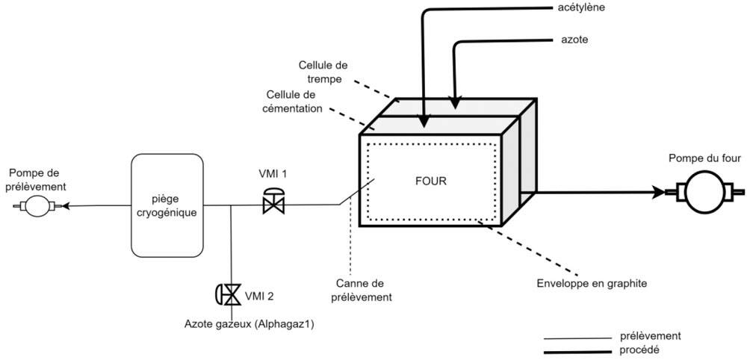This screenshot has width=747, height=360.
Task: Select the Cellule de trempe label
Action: click(323, 71)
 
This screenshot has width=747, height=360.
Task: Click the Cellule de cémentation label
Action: click(294, 102)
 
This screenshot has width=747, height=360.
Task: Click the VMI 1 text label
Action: click(273, 174)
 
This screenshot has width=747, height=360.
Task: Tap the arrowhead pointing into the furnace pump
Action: click(658, 192)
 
